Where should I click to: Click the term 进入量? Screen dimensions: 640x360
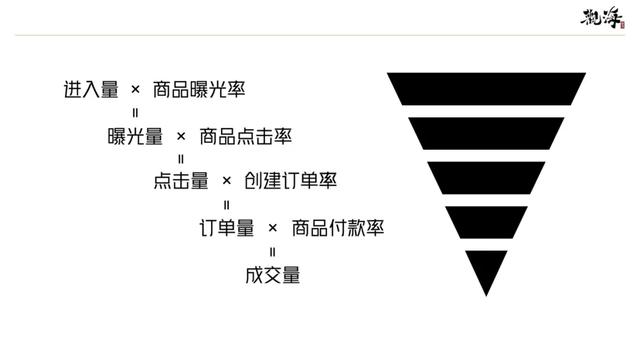click(91, 89)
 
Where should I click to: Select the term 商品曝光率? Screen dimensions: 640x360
click(199, 89)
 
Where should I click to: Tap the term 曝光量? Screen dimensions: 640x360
click(135, 136)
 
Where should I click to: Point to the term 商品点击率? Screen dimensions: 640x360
click(245, 136)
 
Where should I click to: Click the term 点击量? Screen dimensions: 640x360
click(181, 180)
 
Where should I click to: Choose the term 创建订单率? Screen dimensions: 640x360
click(291, 180)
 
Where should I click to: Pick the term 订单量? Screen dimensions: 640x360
click(227, 228)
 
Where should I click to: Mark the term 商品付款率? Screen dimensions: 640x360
click(338, 228)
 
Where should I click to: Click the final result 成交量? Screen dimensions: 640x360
click(273, 275)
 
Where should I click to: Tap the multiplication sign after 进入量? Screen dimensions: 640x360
click(136, 89)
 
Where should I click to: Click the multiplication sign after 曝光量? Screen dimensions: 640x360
click(181, 136)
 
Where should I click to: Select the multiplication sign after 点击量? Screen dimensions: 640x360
click(227, 180)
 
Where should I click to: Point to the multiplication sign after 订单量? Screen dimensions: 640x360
click(273, 228)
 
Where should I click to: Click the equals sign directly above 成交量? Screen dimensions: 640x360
click(273, 252)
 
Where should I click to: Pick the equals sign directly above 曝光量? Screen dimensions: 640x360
click(136, 113)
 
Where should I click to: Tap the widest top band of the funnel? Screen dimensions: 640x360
click(486, 89)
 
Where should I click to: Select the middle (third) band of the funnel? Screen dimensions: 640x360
click(486, 178)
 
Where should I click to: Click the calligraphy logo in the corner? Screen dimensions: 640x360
click(602, 18)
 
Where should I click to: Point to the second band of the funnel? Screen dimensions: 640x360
click(486, 133)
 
